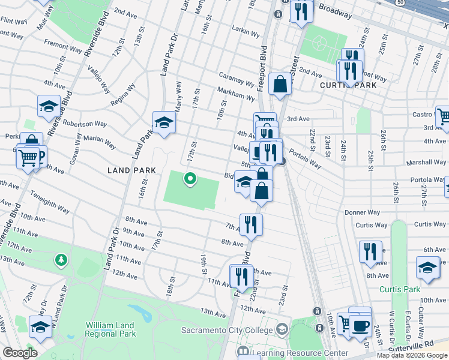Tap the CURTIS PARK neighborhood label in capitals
348,85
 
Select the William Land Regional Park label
110,329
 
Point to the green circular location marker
190,178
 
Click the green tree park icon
60,260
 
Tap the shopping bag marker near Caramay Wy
280,85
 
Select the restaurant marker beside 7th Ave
251,224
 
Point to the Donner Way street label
362,212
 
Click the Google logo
20,353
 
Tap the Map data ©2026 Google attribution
412,355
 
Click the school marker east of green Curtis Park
427,269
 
